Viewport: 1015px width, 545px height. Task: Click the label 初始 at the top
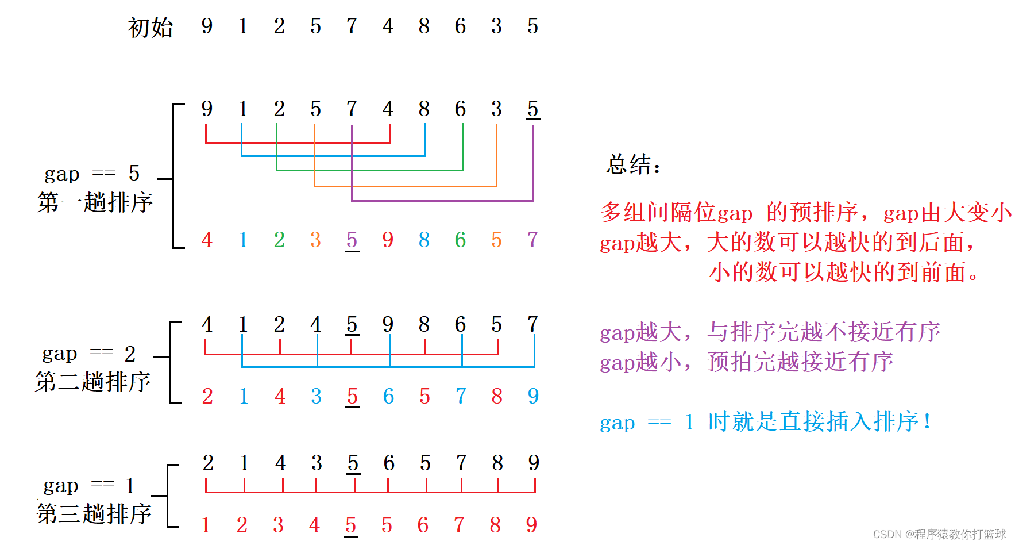tap(150, 28)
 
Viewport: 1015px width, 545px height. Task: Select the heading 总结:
tap(633, 165)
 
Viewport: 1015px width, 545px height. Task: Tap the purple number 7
tap(532, 239)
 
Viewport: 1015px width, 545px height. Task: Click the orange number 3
tap(315, 240)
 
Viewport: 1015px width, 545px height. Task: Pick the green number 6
tap(460, 240)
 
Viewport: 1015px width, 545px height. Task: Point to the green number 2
tap(279, 240)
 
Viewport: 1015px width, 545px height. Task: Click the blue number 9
tap(533, 396)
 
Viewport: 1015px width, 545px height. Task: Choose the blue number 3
tap(316, 396)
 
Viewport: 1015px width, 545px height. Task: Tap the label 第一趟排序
tap(95, 202)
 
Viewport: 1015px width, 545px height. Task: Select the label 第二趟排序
tap(92, 382)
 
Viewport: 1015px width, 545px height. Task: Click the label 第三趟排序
tap(94, 513)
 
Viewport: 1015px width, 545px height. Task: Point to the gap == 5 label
tap(92, 173)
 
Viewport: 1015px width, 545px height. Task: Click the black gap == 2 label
tap(89, 353)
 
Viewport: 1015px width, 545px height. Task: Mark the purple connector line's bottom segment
tap(442, 201)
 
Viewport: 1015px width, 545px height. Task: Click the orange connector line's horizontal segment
tap(405, 186)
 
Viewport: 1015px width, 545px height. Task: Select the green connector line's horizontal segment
tap(370, 170)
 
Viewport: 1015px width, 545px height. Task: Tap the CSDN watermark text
tap(939, 534)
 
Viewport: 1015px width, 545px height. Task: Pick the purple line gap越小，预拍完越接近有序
tap(746, 362)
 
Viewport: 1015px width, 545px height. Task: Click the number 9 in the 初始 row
tap(207, 26)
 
